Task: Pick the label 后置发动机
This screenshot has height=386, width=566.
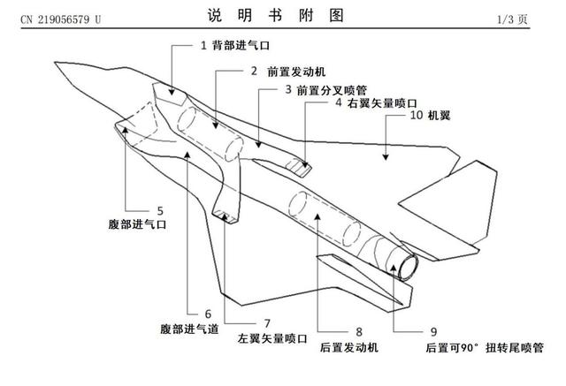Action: coord(349,347)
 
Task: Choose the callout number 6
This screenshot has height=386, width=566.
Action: coord(209,313)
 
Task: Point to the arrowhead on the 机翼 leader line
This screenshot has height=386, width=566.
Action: coord(386,159)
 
